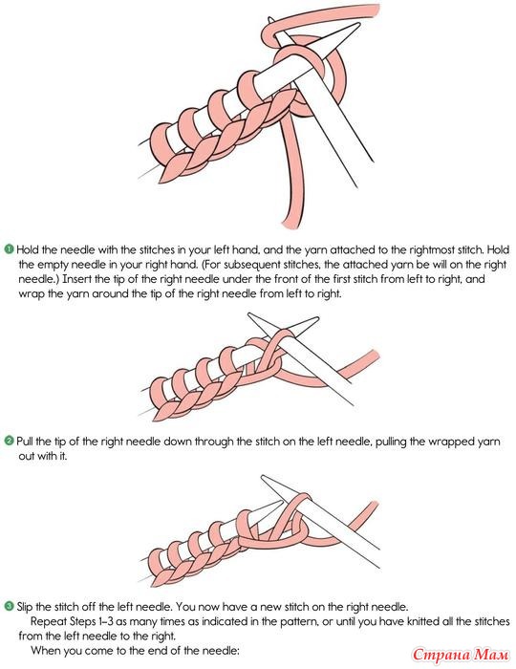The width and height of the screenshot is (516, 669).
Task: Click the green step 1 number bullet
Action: (x=9, y=248)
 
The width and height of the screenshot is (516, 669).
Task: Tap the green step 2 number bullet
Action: (x=9, y=441)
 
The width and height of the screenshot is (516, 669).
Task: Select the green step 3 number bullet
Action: (x=9, y=606)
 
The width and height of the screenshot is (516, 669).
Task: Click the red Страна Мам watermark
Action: (x=461, y=654)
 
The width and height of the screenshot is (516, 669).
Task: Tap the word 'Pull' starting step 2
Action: (x=25, y=441)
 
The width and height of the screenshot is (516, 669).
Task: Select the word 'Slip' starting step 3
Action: (x=26, y=606)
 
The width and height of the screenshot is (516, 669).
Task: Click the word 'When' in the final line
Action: (x=44, y=651)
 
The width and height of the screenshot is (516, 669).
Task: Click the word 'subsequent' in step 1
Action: (x=249, y=265)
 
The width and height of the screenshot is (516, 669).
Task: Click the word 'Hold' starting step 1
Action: (x=28, y=249)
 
